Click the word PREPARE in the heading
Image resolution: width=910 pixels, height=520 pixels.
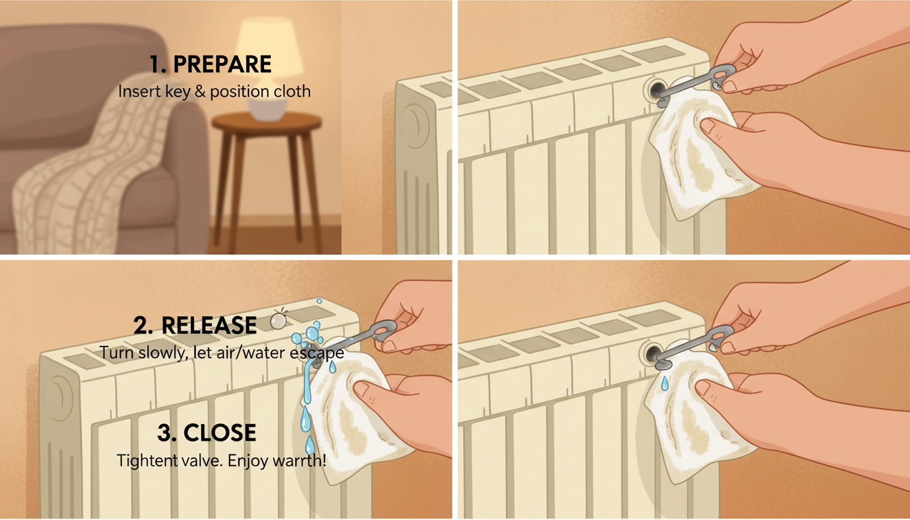point(222,64)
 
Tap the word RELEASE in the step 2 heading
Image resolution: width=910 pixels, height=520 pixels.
point(209,326)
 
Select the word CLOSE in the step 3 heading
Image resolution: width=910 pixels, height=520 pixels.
point(220,433)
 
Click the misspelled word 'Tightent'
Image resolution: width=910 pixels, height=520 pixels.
point(147,460)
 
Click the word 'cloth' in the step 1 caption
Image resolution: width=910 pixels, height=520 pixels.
point(292,91)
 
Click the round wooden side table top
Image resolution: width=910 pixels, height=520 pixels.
point(267,121)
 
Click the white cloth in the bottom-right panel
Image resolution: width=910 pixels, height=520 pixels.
point(695,414)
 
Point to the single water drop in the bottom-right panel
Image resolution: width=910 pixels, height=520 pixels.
point(664,383)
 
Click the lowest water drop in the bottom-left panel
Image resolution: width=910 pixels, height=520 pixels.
point(309,445)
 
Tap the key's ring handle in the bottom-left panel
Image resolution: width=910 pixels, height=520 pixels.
point(385,329)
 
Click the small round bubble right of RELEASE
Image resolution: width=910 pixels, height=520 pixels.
point(278,321)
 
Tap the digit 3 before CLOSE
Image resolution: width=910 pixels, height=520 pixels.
point(164,433)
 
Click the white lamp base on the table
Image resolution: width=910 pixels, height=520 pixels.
point(267,108)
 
